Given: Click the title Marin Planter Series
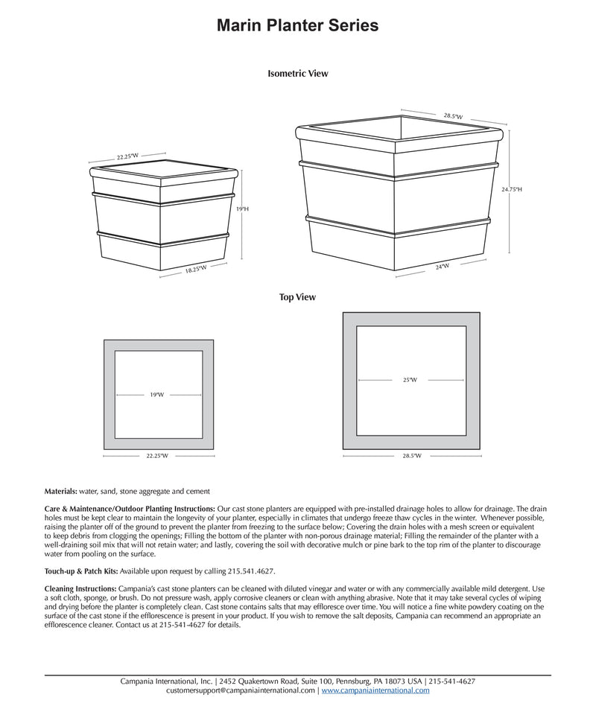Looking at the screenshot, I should click(x=297, y=26).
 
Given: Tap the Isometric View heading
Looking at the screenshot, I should click(x=297, y=74).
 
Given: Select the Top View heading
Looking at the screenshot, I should click(x=297, y=297).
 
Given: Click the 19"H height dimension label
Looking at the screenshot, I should click(x=242, y=209).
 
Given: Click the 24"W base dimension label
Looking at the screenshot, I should click(x=443, y=266).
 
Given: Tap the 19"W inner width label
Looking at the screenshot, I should click(x=156, y=395).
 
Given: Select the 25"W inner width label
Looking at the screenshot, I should click(x=410, y=380).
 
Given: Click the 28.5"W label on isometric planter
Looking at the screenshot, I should click(x=453, y=116).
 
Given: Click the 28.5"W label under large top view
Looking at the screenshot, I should click(x=411, y=455).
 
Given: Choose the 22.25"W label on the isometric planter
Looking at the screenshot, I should click(x=127, y=157).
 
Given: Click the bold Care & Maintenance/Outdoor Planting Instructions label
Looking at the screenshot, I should click(x=130, y=507).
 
